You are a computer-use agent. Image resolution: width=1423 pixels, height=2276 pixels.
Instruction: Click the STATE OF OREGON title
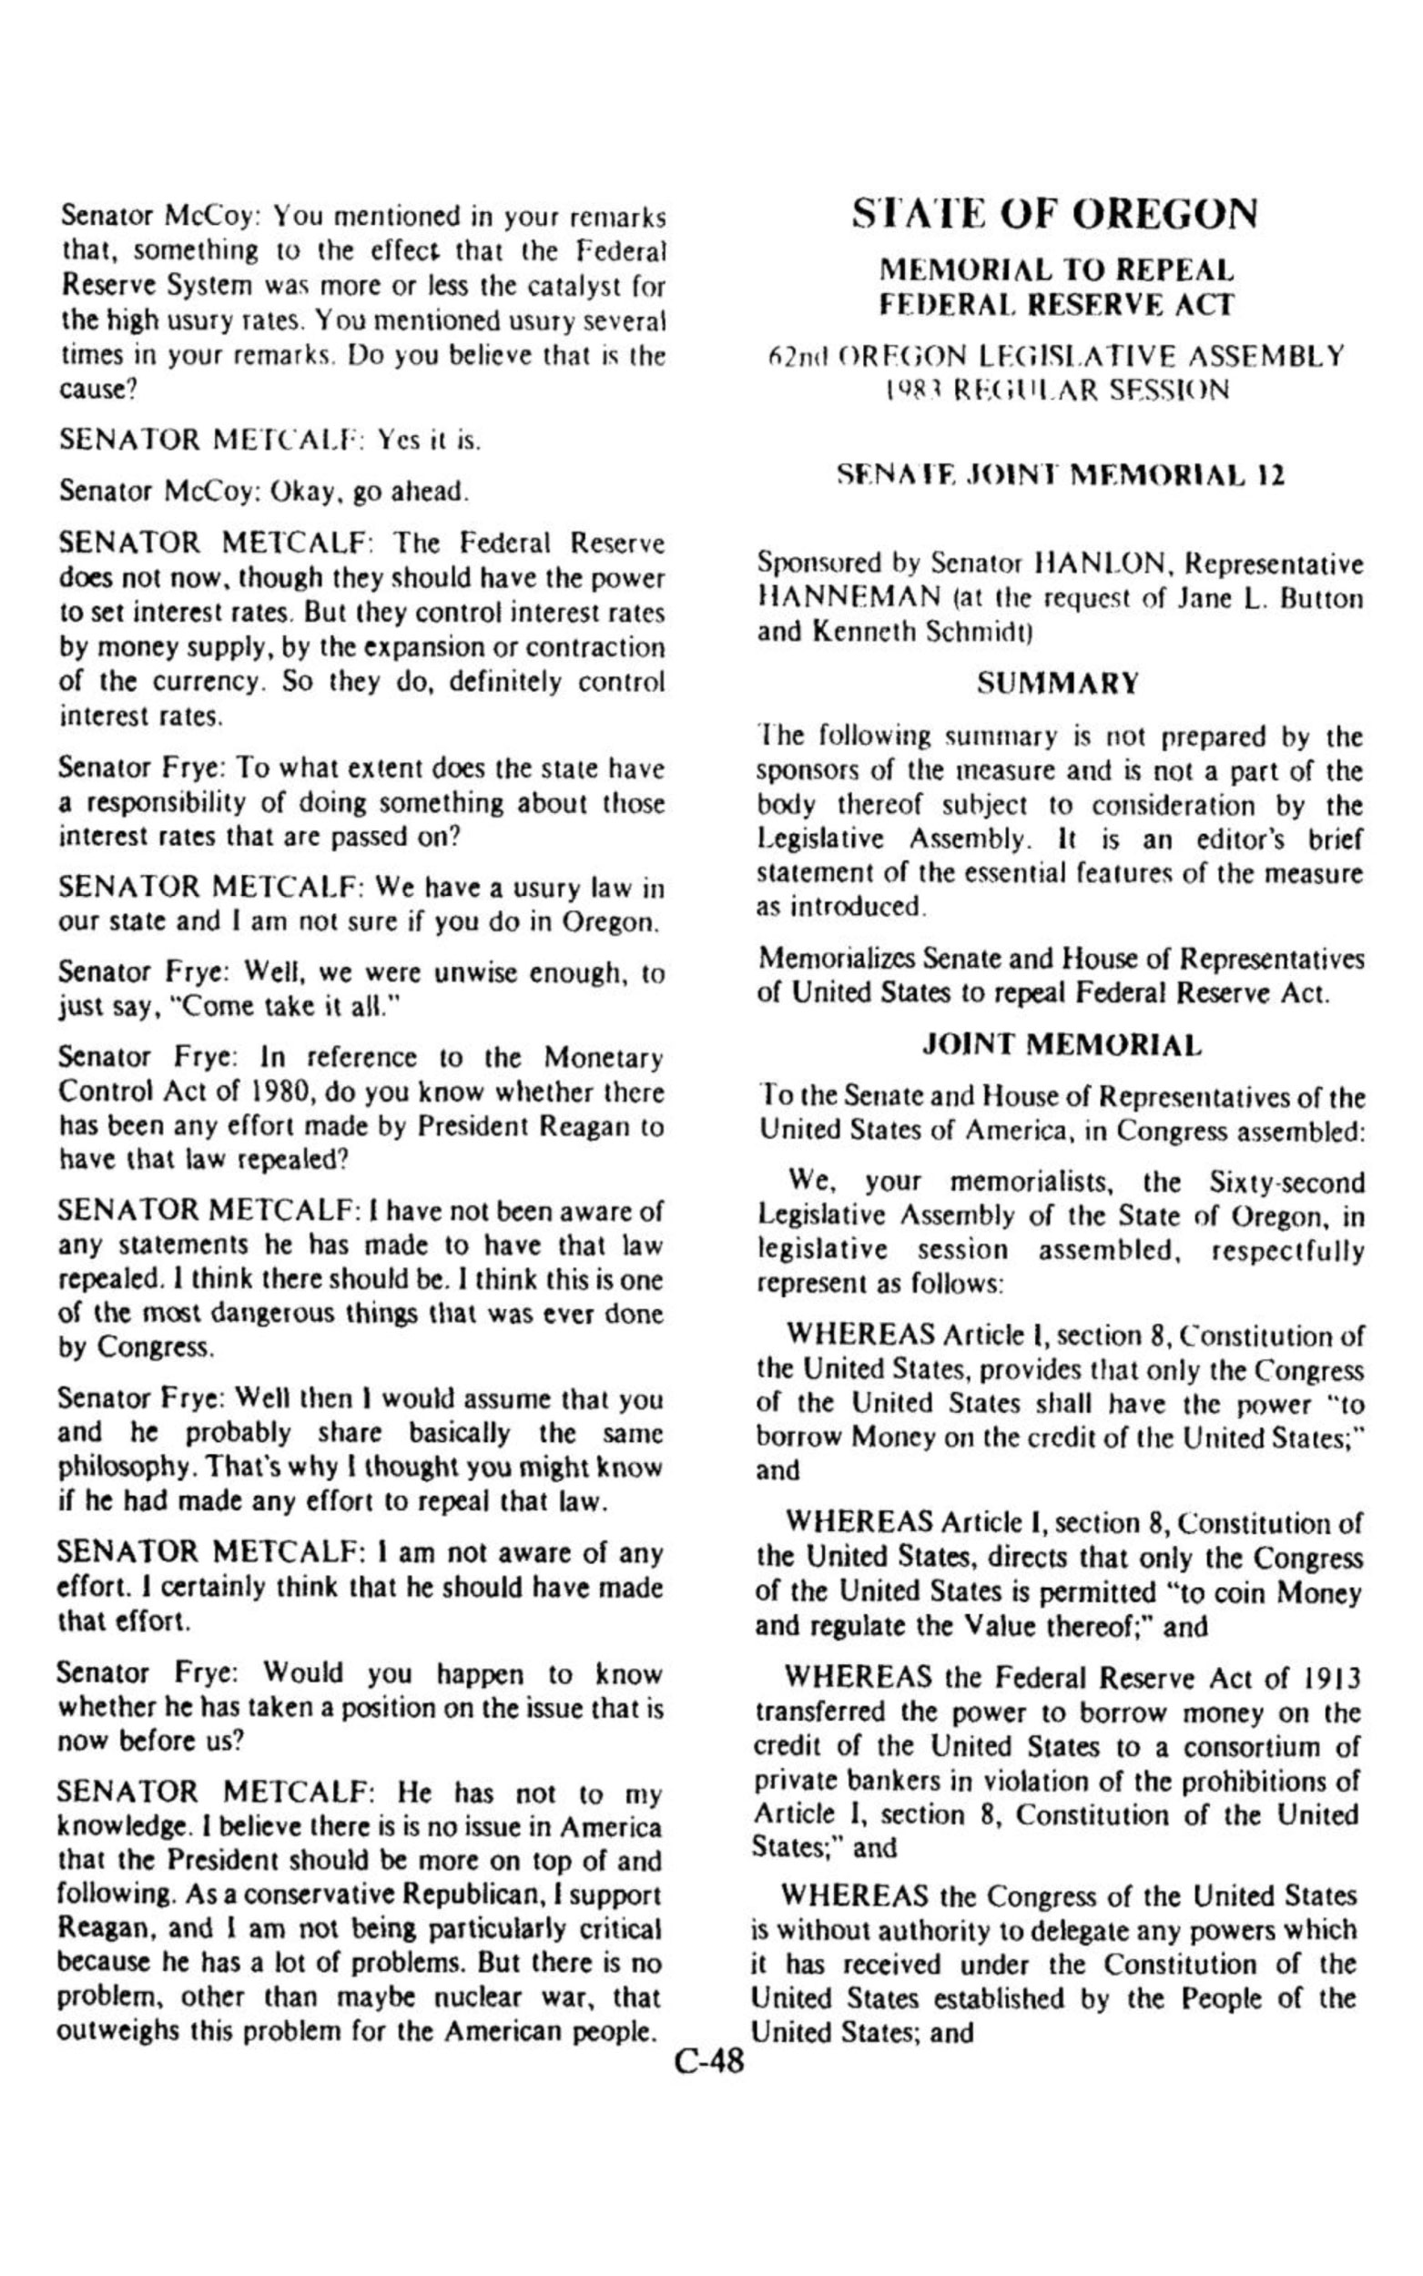click(1054, 215)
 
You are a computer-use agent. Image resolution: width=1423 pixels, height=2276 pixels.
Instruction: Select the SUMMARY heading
click(1058, 683)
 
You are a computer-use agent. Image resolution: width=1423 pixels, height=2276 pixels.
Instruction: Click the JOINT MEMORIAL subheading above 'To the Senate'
click(1062, 1044)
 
